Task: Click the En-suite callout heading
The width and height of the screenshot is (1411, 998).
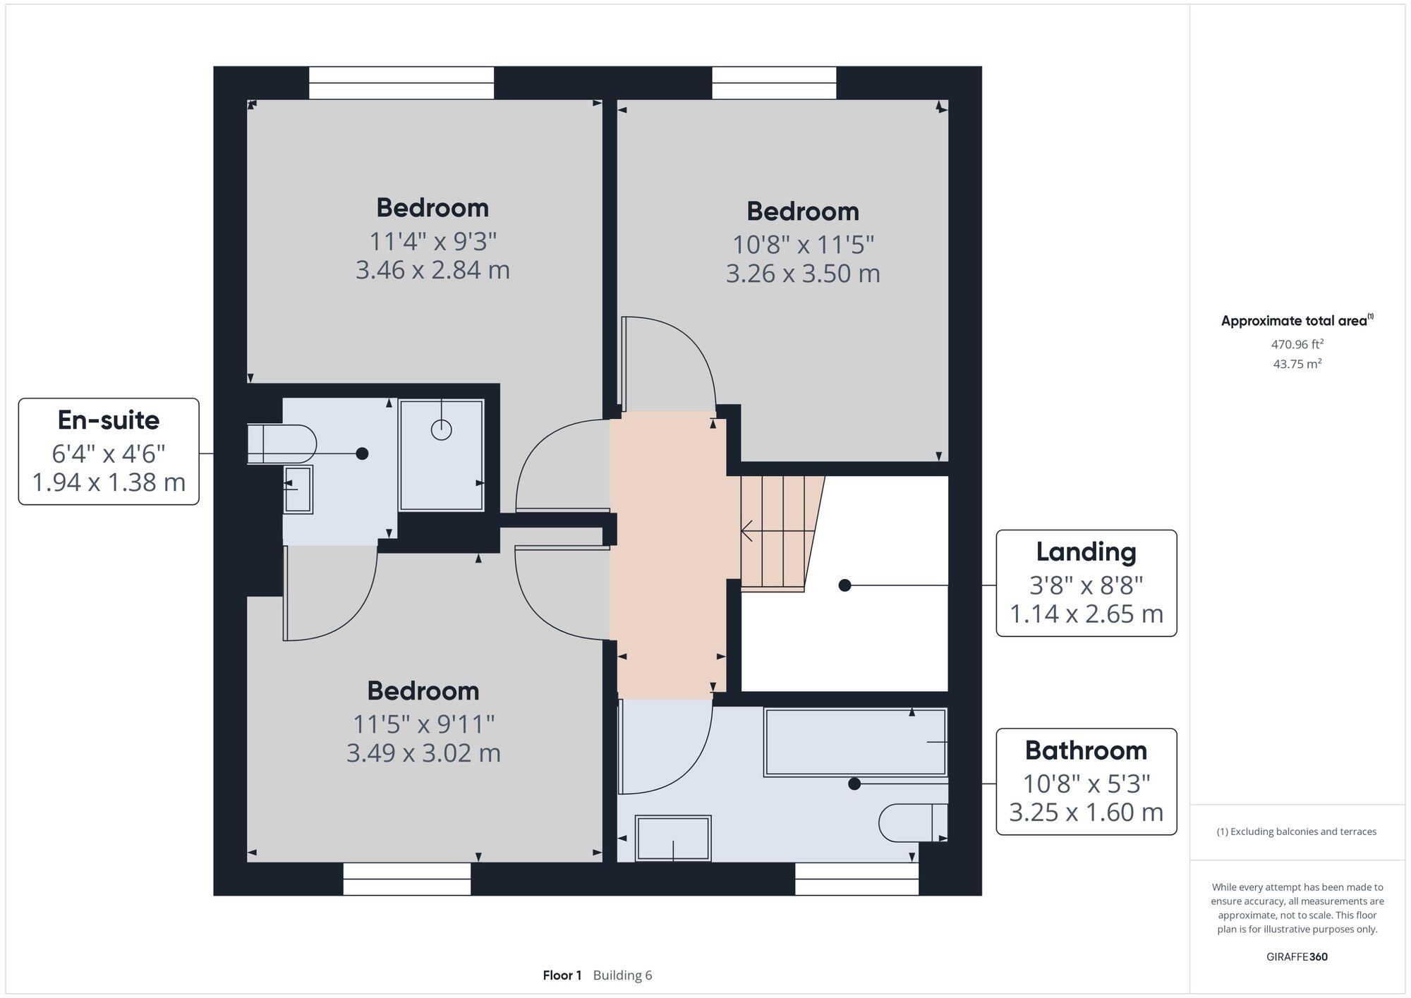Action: (x=109, y=420)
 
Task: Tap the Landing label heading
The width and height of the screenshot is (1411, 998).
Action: (x=1086, y=552)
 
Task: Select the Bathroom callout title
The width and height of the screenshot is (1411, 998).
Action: (x=1086, y=750)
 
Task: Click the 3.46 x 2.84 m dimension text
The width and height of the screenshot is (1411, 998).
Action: (x=432, y=270)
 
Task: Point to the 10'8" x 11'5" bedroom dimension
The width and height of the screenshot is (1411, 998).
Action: (x=803, y=245)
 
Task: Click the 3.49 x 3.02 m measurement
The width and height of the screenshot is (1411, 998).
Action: (x=423, y=753)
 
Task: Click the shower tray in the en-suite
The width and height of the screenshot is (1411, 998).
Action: (x=442, y=455)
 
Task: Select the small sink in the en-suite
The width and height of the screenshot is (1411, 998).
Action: (x=298, y=489)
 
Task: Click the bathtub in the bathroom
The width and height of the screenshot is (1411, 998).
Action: (x=855, y=743)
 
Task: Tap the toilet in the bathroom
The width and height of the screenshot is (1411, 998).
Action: (x=912, y=822)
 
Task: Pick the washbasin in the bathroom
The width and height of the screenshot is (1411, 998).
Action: (x=673, y=838)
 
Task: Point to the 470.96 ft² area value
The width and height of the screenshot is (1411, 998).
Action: (x=1297, y=344)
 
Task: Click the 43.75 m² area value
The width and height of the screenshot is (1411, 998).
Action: (x=1297, y=364)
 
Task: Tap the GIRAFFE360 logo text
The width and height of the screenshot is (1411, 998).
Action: (x=1297, y=957)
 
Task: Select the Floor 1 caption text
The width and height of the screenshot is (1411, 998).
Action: (x=562, y=975)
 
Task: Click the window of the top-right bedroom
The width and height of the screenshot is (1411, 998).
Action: (x=774, y=83)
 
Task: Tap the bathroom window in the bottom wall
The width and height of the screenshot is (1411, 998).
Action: (x=856, y=879)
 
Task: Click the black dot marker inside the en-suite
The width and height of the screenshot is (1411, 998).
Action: (x=362, y=454)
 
